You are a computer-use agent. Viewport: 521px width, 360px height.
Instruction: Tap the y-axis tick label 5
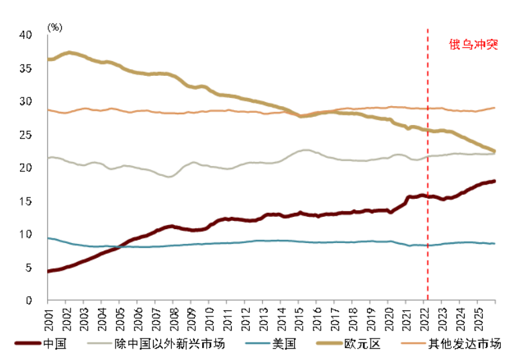(29, 268)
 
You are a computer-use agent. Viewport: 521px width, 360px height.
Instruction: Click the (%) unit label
(54, 27)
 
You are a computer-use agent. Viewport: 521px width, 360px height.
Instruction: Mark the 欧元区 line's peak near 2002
(68, 52)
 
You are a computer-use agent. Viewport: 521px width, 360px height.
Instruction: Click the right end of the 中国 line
(495, 181)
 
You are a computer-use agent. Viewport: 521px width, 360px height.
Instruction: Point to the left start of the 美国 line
(48, 238)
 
